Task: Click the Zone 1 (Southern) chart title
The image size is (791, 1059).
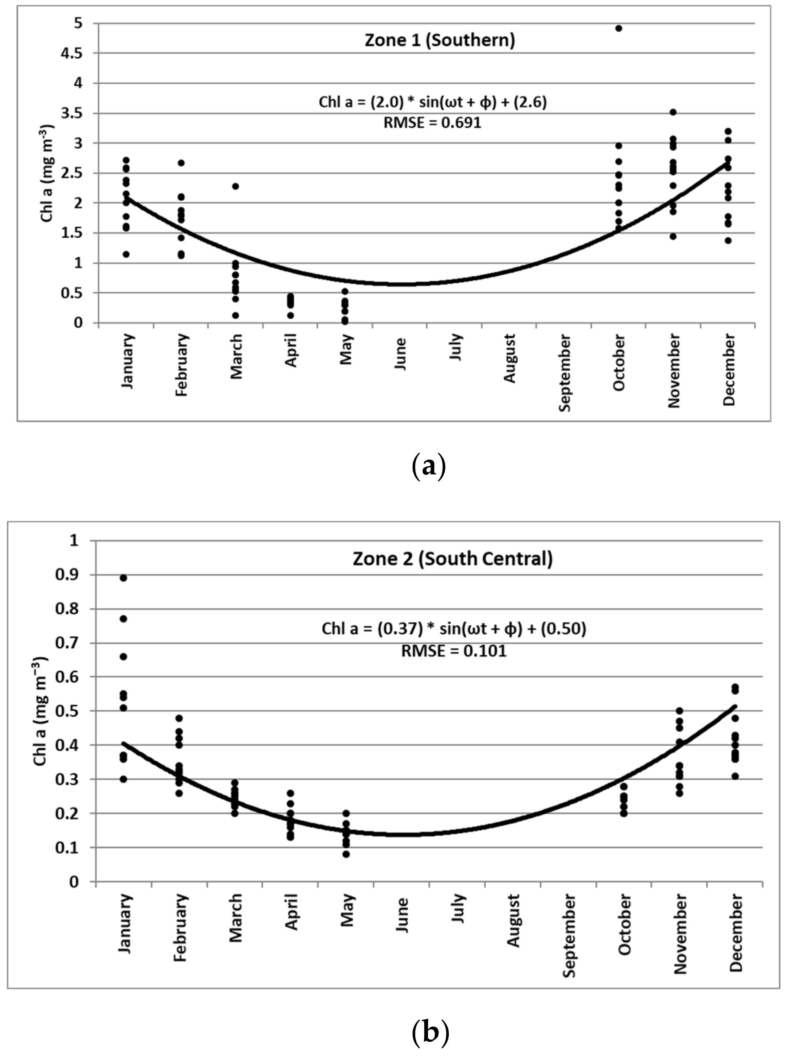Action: click(440, 40)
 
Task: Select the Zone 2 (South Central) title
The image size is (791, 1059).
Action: click(453, 558)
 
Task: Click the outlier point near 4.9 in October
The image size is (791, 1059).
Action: click(618, 28)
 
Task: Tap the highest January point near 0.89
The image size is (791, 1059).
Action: click(123, 578)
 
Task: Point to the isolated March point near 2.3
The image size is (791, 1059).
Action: click(235, 186)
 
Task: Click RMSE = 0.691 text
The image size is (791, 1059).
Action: click(432, 123)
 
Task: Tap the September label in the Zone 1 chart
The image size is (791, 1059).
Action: click(565, 372)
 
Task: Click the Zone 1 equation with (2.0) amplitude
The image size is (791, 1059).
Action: click(432, 102)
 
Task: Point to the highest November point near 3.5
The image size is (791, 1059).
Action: click(673, 112)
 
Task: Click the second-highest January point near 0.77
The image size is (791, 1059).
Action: click(123, 619)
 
